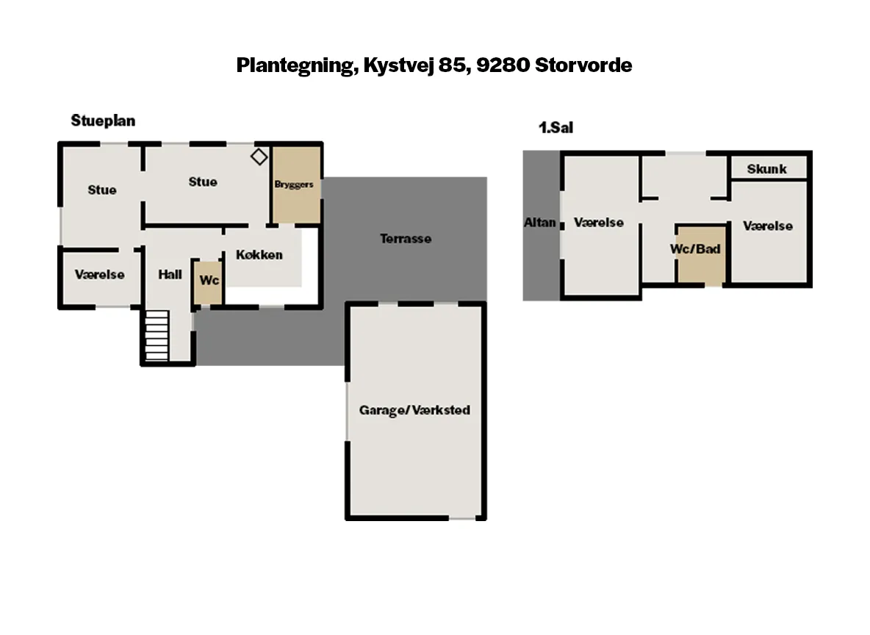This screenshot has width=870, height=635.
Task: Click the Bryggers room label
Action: (x=293, y=184)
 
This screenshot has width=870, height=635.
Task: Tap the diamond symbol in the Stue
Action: (x=259, y=157)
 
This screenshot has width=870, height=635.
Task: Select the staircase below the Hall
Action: (x=157, y=336)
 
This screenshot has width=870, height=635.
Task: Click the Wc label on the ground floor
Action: (x=209, y=280)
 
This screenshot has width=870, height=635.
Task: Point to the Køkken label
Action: (x=259, y=255)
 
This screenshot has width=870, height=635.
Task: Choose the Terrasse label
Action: (x=406, y=239)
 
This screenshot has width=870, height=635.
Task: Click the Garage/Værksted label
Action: (x=414, y=410)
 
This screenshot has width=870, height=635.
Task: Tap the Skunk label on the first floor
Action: (x=767, y=169)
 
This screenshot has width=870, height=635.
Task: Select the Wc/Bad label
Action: (x=695, y=248)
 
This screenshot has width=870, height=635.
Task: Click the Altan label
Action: (x=540, y=222)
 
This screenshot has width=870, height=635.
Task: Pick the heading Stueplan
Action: (x=103, y=121)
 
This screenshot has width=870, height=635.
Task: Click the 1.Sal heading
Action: (x=556, y=128)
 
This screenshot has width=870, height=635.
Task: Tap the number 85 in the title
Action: (x=452, y=65)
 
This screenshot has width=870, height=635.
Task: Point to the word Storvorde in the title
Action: (x=583, y=65)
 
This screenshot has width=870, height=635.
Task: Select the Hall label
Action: (x=170, y=275)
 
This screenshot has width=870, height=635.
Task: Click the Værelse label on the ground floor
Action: (x=100, y=275)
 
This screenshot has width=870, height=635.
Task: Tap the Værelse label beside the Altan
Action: (x=599, y=223)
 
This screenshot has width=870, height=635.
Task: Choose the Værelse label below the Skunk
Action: (x=768, y=226)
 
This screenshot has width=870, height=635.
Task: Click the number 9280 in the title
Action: (x=503, y=65)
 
